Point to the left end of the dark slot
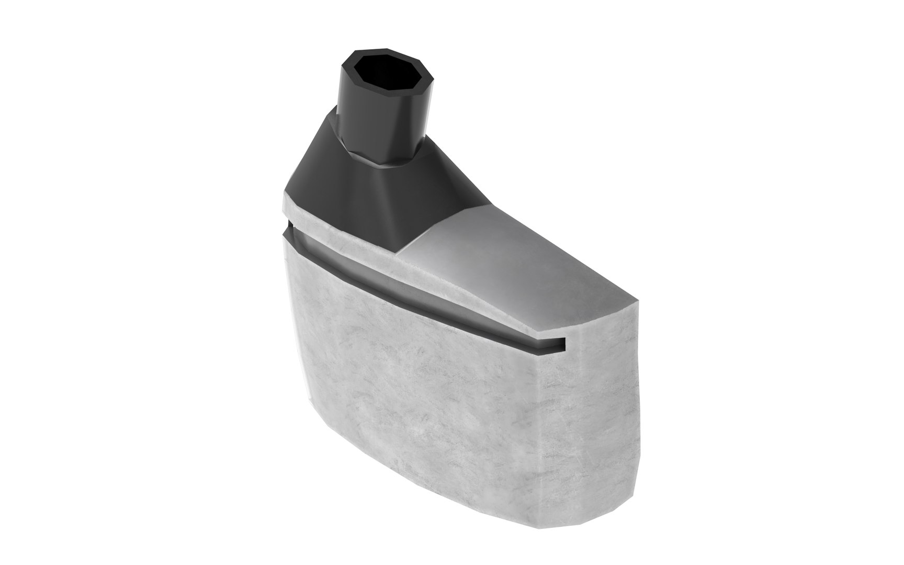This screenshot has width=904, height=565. (x=287, y=230)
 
